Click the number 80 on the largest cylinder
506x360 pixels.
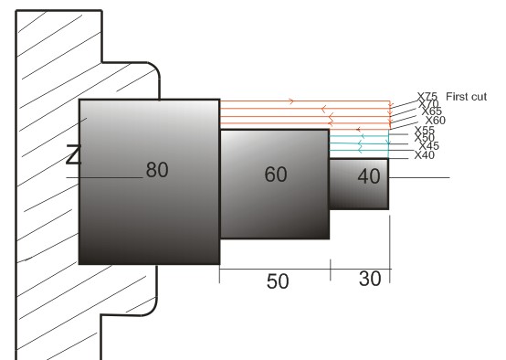157,170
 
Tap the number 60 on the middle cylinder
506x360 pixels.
276,175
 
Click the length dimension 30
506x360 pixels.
369,279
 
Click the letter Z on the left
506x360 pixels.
74,155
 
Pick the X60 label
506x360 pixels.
435,121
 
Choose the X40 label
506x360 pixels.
424,155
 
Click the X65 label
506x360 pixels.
432,112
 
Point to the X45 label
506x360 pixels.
427,146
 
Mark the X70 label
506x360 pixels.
429,104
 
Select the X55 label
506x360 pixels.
424,130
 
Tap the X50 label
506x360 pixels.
424,138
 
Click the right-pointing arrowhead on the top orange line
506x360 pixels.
291,101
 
